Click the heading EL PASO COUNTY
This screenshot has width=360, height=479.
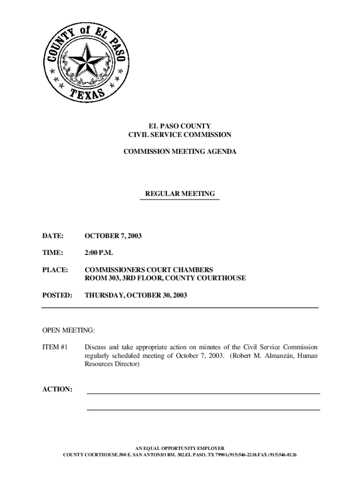pyautogui.click(x=180, y=126)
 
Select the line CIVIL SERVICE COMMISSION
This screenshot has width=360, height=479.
pyautogui.click(x=180, y=135)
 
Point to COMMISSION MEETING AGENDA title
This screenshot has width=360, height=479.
pyautogui.click(x=180, y=152)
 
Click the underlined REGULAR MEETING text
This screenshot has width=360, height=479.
pyautogui.click(x=180, y=193)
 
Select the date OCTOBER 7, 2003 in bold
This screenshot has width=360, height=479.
pyautogui.click(x=113, y=236)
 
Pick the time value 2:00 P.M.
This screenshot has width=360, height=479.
pyautogui.click(x=99, y=253)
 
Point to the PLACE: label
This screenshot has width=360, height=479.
pyautogui.click(x=55, y=270)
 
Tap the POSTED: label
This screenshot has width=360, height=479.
pyautogui.click(x=57, y=295)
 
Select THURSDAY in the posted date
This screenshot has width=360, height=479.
pyautogui.click(x=103, y=295)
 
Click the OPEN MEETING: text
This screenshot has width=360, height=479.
pyautogui.click(x=68, y=331)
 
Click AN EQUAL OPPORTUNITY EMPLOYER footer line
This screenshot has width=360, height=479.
pyautogui.click(x=180, y=448)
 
